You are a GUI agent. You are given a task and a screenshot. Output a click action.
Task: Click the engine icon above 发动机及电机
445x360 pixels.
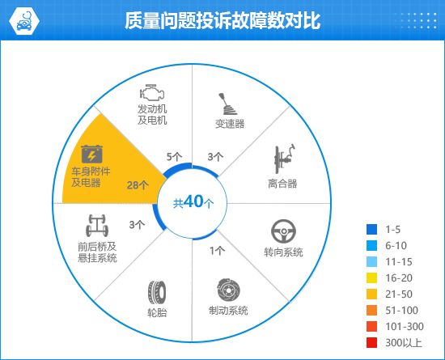pos(152,92)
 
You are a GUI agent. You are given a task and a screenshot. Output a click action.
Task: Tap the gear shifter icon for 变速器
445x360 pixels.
pos(227,104)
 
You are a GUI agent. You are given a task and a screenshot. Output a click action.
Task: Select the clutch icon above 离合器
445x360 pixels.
pos(284,159)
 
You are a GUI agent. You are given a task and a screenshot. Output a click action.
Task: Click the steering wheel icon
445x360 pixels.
pos(283,231)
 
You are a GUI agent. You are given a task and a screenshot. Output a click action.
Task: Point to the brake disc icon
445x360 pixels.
pos(228,290)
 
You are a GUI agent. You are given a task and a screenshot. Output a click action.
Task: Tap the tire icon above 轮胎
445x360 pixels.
pos(157,292)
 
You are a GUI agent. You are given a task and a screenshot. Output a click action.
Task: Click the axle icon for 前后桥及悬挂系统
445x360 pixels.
pos(97,226)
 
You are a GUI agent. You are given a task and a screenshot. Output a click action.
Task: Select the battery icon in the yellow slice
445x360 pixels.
pos(91,154)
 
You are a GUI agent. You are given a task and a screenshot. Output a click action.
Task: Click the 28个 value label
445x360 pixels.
pos(138,185)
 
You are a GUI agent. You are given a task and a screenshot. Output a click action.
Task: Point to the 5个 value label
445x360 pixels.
pos(174,157)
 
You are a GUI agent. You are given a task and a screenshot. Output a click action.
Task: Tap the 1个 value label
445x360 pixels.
pos(217,251)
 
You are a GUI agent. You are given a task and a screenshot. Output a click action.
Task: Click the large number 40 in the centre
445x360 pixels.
pos(193,201)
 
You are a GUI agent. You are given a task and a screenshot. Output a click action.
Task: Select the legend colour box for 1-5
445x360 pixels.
pos(372,229)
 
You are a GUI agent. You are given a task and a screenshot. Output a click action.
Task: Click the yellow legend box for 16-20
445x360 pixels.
pos(372,278)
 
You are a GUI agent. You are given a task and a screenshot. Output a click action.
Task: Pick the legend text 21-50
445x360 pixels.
pos(399,294)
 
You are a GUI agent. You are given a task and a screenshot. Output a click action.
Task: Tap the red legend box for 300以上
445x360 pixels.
pos(372,343)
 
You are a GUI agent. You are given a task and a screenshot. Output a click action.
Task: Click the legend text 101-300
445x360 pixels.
pos(405,327)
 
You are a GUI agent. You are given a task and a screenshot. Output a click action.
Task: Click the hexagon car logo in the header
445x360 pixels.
pos(24,21)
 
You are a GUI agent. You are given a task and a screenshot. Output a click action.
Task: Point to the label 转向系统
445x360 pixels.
pos(283,252)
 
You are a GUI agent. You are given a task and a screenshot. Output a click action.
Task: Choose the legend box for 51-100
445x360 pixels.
pos(372,311)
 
